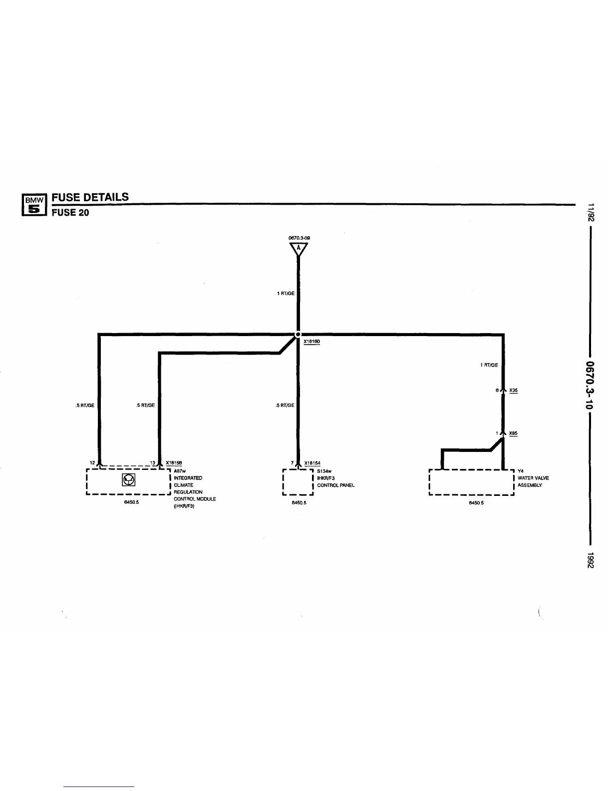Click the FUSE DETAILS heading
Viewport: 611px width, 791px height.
[x=90, y=197]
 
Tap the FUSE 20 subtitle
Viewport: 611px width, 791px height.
[x=70, y=212]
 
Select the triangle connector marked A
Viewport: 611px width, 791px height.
[x=298, y=249]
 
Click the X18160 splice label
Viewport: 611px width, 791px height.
[x=311, y=342]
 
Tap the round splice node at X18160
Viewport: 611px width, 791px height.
[x=298, y=334]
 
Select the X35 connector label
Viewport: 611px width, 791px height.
[x=513, y=391]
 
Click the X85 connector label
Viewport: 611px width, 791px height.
[x=513, y=433]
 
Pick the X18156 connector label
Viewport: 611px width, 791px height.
[x=173, y=463]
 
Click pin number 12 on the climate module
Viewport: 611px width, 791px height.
[x=92, y=463]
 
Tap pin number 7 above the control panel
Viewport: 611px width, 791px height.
[x=292, y=463]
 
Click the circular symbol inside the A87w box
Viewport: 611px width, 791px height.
[x=129, y=480]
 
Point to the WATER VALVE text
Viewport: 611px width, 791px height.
[x=533, y=478]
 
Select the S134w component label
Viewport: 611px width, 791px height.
[x=324, y=471]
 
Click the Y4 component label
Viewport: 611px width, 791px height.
[x=520, y=471]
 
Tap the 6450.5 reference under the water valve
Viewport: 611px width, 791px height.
[x=476, y=503]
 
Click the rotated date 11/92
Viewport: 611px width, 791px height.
[x=591, y=212]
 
